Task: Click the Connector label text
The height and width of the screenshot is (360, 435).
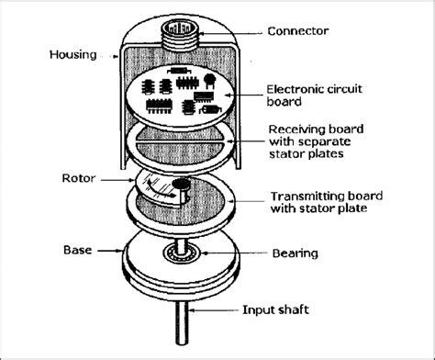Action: pos(297,31)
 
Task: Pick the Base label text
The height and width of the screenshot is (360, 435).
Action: pos(75,249)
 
